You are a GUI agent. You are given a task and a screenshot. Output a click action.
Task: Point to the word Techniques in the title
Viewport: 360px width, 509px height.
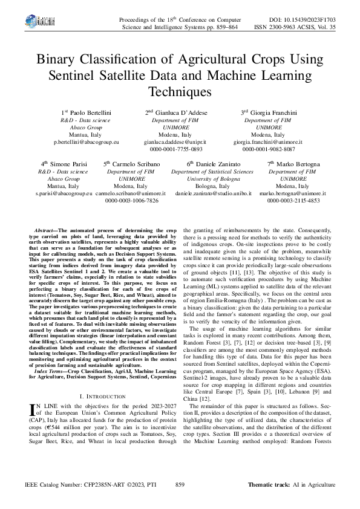point(180,92)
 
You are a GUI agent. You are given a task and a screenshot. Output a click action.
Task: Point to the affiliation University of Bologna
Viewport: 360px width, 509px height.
point(212,179)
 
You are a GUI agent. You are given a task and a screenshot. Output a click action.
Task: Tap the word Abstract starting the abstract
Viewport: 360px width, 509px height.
point(44,231)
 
